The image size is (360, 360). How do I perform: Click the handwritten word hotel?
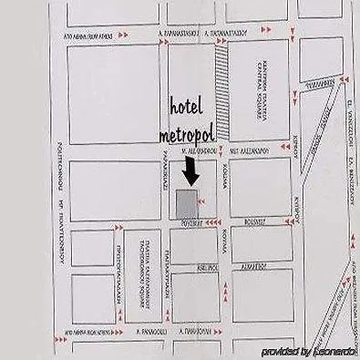pos(188,107)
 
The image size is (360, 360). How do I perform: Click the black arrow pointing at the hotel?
pos(190,170)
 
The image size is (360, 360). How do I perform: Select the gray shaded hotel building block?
pos(186,203)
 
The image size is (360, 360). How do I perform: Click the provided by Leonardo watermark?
pos(308,351)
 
